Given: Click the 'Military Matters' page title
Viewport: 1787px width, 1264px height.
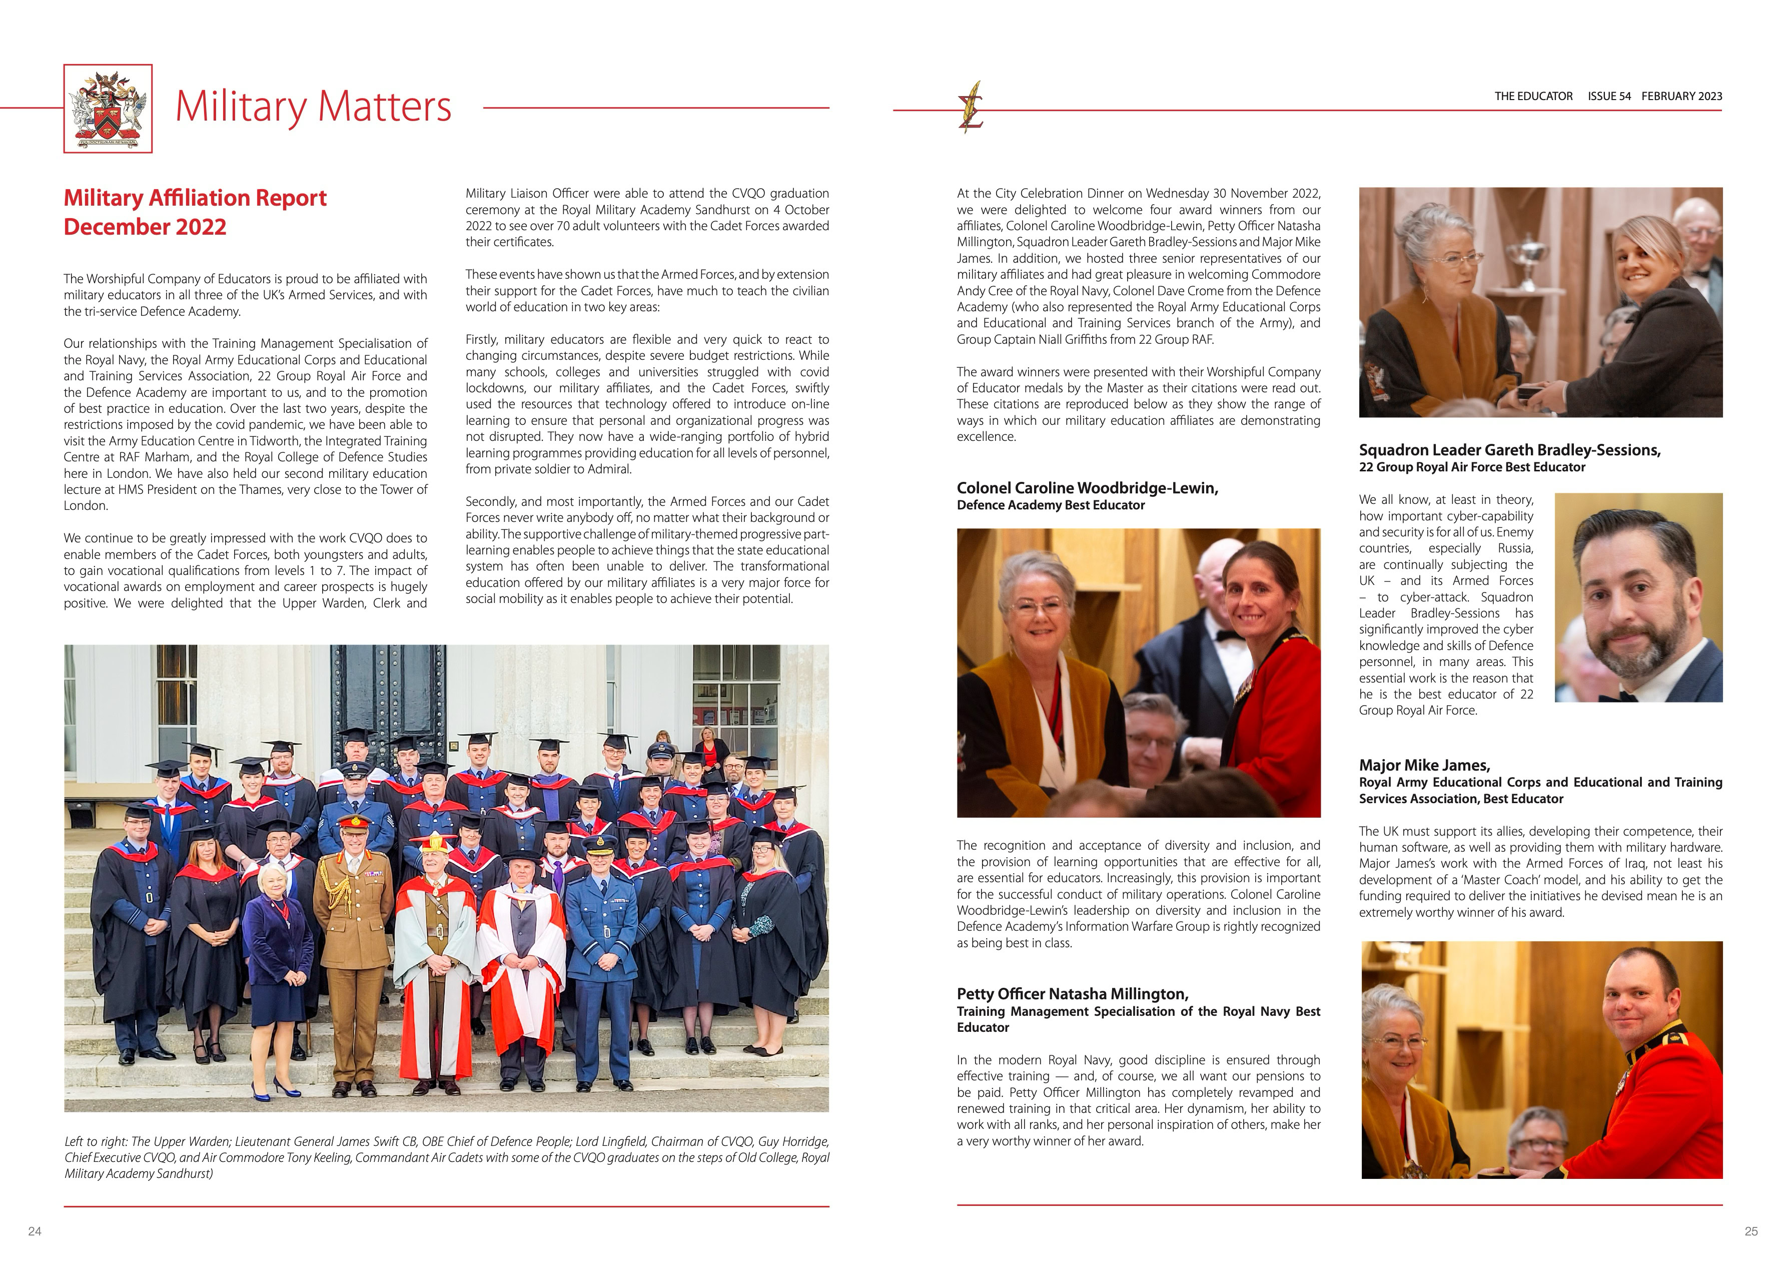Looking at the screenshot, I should pyautogui.click(x=313, y=107).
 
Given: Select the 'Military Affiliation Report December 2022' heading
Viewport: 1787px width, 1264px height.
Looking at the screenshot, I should pyautogui.click(x=195, y=212).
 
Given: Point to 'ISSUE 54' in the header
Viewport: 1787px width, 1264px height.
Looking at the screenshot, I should pyautogui.click(x=1609, y=97).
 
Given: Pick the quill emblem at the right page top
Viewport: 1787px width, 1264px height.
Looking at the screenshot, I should pyautogui.click(x=971, y=108).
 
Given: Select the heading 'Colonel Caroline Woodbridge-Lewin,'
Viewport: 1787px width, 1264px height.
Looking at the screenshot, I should pyautogui.click(x=1087, y=488).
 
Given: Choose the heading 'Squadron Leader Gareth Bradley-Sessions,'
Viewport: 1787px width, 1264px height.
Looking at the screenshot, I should pyautogui.click(x=1509, y=450).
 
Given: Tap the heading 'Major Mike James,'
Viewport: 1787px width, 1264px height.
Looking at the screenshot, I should pyautogui.click(x=1424, y=765).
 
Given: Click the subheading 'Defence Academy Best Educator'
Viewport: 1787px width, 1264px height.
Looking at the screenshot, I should pyautogui.click(x=1051, y=505).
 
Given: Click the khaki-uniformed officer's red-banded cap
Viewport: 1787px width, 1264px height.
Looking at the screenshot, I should pyautogui.click(x=354, y=822).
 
